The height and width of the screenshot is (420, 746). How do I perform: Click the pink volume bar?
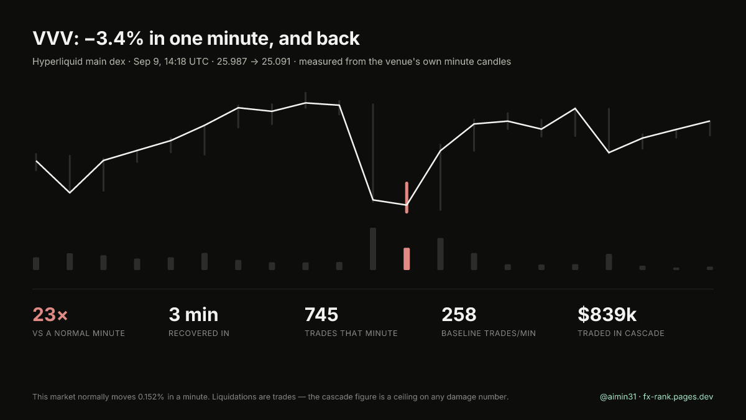pyautogui.click(x=407, y=259)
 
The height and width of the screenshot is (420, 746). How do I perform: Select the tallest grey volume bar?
pyautogui.click(x=372, y=249)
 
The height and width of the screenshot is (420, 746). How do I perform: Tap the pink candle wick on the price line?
pyautogui.click(x=407, y=197)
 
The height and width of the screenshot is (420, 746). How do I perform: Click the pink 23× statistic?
pyautogui.click(x=50, y=314)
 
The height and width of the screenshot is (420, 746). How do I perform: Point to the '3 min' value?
pyautogui.click(x=193, y=314)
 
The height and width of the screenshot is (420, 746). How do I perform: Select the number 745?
pyautogui.click(x=321, y=314)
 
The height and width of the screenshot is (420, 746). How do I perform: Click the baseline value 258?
pyautogui.click(x=459, y=314)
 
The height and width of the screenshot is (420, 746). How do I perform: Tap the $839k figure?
pyautogui.click(x=607, y=314)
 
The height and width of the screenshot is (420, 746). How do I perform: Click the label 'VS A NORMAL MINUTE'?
pyautogui.click(x=78, y=334)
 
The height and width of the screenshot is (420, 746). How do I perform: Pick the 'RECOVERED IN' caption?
pyautogui.click(x=199, y=334)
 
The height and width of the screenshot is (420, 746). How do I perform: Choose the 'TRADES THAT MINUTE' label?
pyautogui.click(x=351, y=334)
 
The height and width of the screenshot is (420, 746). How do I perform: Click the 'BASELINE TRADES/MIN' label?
pyautogui.click(x=489, y=334)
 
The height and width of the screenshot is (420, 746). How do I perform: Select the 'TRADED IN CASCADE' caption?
pyautogui.click(x=621, y=334)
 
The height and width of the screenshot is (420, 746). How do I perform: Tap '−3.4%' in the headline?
pyautogui.click(x=114, y=39)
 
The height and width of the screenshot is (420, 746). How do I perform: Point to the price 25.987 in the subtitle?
pyautogui.click(x=232, y=62)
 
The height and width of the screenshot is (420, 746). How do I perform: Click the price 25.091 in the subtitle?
pyautogui.click(x=276, y=62)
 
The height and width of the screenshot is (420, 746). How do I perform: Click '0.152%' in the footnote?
pyautogui.click(x=151, y=397)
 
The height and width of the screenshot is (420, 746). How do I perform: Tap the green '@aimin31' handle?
pyautogui.click(x=618, y=397)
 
